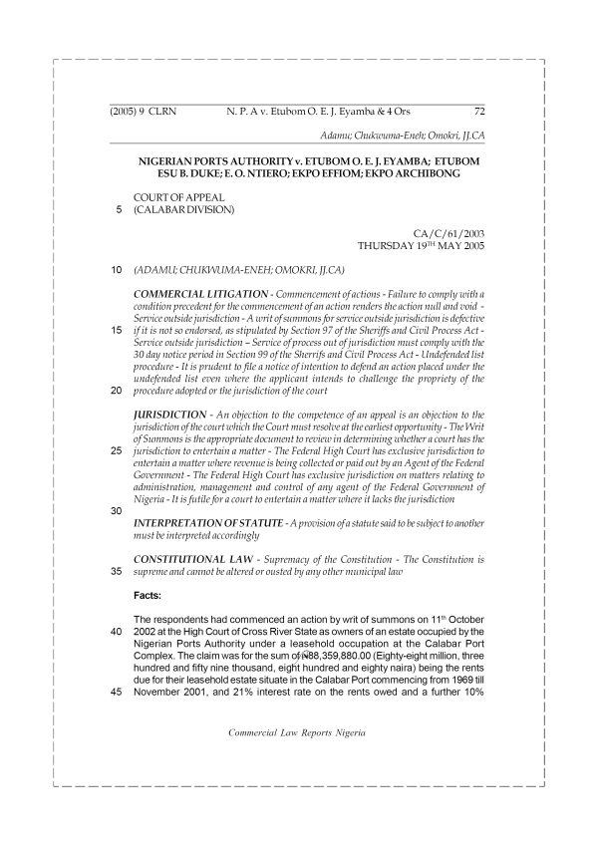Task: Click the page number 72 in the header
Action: (x=477, y=113)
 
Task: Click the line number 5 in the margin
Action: (x=120, y=211)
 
